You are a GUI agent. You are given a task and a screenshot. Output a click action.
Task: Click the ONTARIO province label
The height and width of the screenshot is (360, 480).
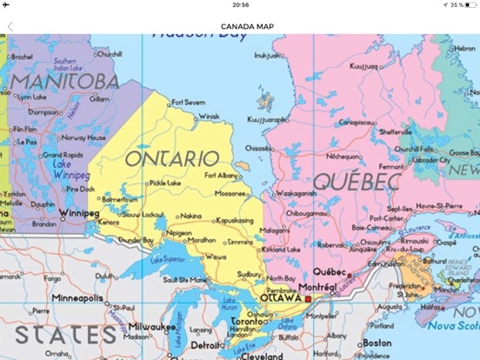point(172,158)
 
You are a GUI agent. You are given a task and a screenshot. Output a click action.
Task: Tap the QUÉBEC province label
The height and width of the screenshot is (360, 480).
point(357,182)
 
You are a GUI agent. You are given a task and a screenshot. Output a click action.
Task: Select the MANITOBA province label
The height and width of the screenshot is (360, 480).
point(65,81)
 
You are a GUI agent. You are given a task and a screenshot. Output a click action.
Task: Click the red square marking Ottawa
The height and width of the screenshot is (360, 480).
point(308,298)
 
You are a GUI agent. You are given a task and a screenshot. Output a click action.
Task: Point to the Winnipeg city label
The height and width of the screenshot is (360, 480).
point(78,211)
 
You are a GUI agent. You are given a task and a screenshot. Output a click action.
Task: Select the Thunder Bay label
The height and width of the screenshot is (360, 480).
point(136,239)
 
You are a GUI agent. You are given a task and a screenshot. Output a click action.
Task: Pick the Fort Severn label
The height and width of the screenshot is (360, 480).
point(188,102)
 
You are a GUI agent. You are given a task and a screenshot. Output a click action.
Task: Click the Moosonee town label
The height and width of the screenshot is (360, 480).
point(230,193)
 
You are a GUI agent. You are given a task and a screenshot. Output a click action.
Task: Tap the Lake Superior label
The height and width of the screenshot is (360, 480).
point(169,258)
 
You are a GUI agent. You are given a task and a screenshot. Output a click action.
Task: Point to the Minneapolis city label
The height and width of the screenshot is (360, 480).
point(77,297)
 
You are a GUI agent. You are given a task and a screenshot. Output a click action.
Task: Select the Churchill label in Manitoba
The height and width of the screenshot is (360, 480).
point(109,54)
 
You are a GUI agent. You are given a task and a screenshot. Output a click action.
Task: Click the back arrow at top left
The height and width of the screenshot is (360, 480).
point(10,26)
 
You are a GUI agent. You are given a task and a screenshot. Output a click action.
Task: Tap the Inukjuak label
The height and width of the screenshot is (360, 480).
point(266,56)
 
